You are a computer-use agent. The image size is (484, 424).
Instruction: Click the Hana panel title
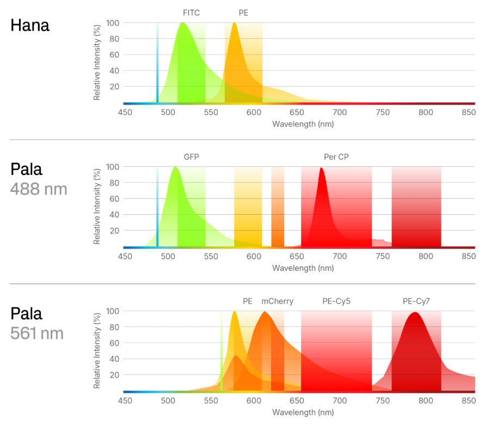pos(30,25)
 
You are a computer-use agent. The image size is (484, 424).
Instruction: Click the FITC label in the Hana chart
pos(192,13)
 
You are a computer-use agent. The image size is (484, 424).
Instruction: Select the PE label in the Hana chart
pos(243,13)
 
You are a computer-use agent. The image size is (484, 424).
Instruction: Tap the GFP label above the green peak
pos(191,157)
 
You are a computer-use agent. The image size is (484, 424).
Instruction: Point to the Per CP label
pos(336,157)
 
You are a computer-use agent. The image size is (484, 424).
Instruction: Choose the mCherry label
pos(277,301)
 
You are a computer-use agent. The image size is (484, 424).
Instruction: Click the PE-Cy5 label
pos(336,301)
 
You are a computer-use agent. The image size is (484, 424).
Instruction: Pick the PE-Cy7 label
pos(416,301)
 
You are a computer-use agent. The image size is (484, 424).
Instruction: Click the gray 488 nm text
pos(39,189)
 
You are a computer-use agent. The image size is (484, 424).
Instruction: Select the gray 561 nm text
pos(37,333)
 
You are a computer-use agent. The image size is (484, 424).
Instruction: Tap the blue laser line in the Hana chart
pos(158,63)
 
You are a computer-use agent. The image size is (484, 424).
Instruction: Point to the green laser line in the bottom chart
pos(221,352)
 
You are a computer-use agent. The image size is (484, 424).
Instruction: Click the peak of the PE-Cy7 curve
pos(416,313)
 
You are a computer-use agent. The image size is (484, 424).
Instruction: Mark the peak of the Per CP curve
pos(322,168)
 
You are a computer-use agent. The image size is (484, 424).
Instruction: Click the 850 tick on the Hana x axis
pos(468,112)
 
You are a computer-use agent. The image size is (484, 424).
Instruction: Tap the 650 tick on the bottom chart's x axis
pos(297,401)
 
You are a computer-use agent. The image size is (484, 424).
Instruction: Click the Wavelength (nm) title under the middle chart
pos(303,268)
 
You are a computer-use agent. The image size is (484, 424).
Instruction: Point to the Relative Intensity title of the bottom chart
pos(97,350)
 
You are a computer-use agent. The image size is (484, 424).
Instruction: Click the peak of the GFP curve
pos(175,168)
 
